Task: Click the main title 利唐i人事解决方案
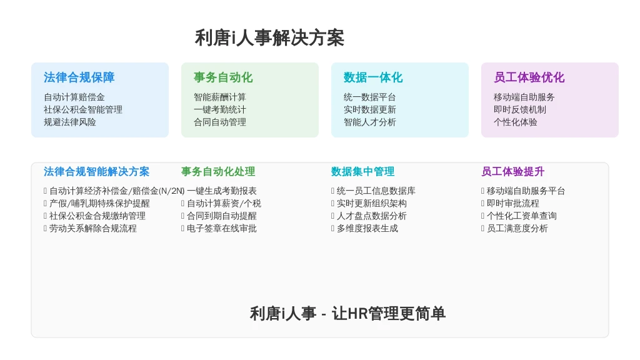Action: click(269, 38)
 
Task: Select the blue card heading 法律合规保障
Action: click(79, 77)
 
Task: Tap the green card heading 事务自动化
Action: click(223, 77)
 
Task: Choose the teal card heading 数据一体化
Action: click(373, 77)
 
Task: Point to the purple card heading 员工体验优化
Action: click(529, 77)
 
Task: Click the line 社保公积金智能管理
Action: click(83, 109)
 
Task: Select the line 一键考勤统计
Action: click(219, 109)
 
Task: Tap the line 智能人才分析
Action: click(370, 122)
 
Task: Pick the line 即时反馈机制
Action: click(519, 109)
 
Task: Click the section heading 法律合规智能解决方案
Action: click(96, 171)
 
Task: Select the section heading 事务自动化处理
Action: click(218, 171)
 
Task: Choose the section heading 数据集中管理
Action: click(363, 171)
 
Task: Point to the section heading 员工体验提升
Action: click(512, 171)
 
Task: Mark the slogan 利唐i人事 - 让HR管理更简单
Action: click(347, 314)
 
